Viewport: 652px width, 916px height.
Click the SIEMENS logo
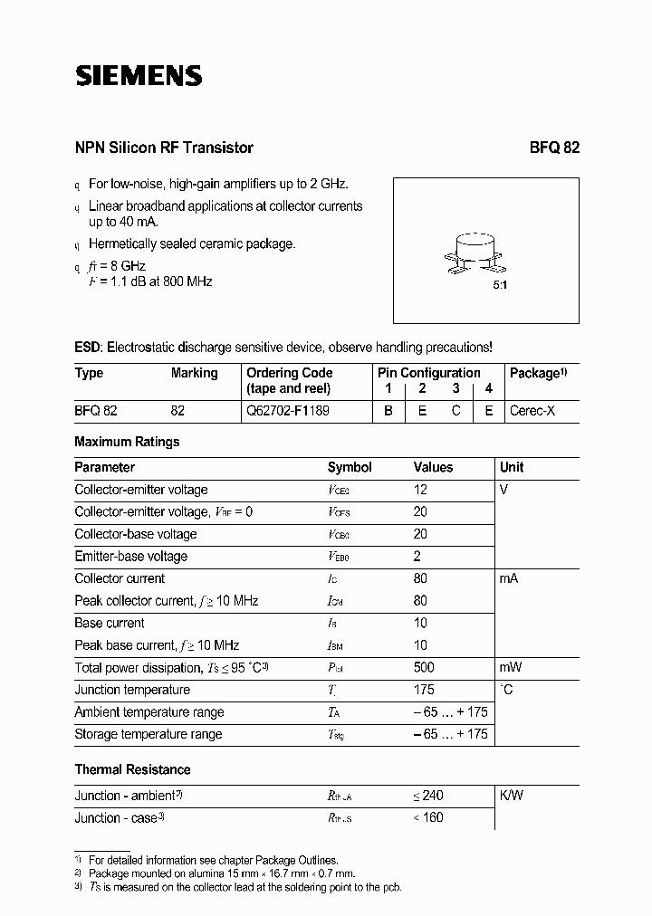click(x=138, y=76)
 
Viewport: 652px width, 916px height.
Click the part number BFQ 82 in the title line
click(x=554, y=148)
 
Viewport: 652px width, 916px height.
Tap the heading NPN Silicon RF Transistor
click(x=164, y=148)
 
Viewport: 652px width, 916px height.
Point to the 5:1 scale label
click(x=499, y=284)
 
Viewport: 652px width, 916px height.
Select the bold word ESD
click(x=88, y=347)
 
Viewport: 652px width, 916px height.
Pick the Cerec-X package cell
click(x=532, y=410)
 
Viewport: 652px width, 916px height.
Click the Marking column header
click(x=194, y=373)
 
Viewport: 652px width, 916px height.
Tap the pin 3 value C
click(x=455, y=410)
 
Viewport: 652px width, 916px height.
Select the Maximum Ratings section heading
click(x=127, y=442)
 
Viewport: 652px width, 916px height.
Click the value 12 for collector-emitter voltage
click(x=420, y=490)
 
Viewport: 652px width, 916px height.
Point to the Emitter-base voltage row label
click(x=130, y=557)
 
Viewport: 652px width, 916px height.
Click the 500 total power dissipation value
click(x=423, y=667)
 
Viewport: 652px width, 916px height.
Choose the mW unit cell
click(x=511, y=667)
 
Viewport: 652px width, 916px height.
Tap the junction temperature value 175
click(x=423, y=690)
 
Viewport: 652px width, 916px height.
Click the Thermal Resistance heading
click(x=132, y=769)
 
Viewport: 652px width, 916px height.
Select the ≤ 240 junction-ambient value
click(x=427, y=796)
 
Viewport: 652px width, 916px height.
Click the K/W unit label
click(x=512, y=796)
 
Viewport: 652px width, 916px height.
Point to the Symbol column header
click(x=350, y=467)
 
